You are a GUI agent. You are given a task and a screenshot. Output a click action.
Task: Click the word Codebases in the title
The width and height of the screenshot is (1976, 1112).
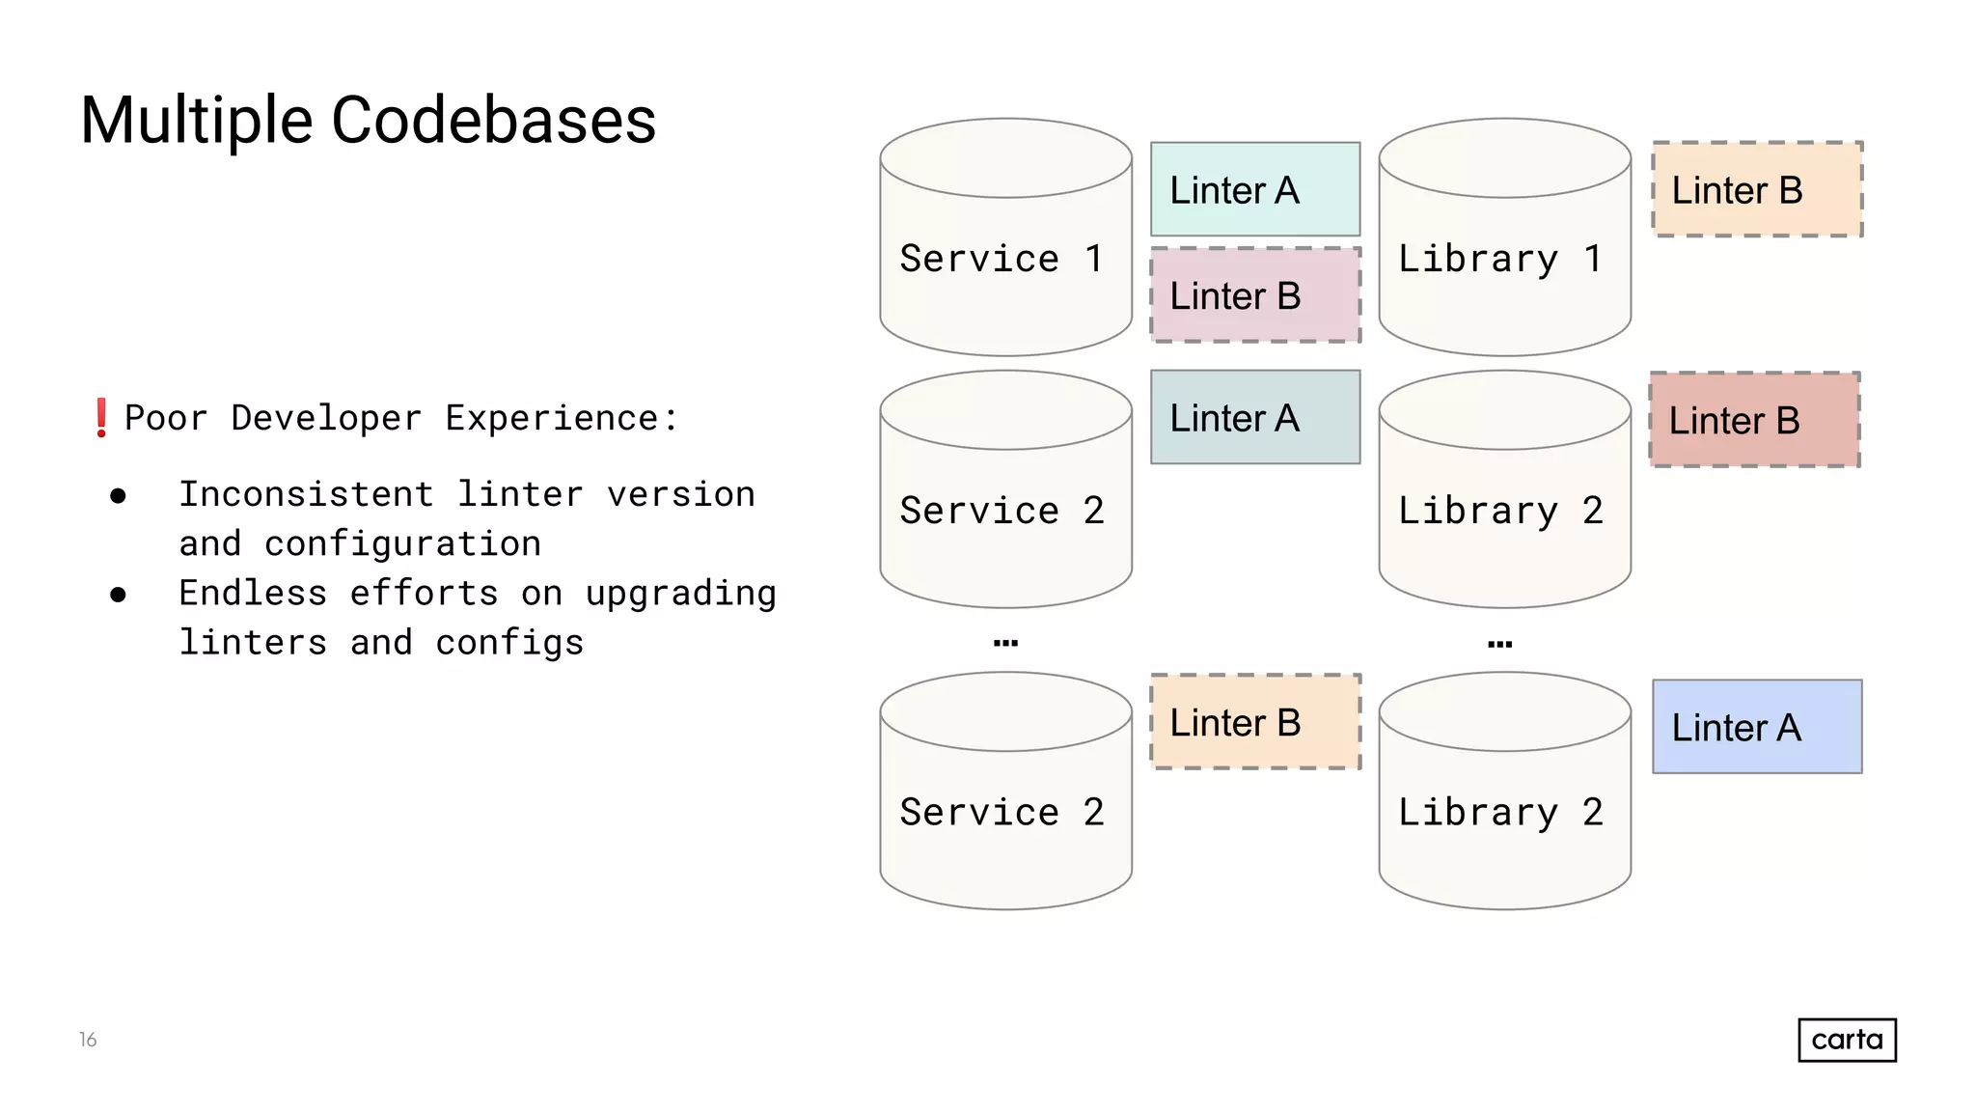[493, 121]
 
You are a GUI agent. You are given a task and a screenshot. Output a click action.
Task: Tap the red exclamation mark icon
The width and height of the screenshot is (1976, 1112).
[101, 418]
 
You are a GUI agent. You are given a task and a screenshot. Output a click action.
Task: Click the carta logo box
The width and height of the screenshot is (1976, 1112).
[1847, 1040]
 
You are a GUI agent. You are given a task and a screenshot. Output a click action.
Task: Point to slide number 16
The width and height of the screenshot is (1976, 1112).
[88, 1040]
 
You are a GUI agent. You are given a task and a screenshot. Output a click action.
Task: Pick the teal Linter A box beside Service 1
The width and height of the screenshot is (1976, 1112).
[1254, 189]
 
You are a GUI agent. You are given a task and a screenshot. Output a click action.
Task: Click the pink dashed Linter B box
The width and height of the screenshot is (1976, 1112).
[1254, 295]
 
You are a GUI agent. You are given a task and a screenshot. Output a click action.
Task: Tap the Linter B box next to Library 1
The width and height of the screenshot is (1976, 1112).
[1756, 189]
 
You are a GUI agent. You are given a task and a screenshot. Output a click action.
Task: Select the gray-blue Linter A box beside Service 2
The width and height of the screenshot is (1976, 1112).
[1254, 418]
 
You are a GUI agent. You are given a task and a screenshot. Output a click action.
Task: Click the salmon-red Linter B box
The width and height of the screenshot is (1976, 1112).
[1754, 420]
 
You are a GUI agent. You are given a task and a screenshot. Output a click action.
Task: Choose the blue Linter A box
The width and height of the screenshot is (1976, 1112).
[1756, 727]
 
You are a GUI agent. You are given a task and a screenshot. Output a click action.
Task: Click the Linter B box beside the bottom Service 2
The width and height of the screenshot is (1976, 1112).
[1254, 722]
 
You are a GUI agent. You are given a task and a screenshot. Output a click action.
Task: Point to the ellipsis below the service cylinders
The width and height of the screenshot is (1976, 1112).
[1005, 643]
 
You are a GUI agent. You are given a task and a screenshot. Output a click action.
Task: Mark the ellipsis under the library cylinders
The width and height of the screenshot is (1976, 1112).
[1499, 644]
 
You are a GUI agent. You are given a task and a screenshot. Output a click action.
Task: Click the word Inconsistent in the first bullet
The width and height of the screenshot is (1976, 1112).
[306, 494]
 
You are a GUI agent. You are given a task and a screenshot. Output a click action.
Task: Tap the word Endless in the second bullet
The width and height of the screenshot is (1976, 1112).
[253, 593]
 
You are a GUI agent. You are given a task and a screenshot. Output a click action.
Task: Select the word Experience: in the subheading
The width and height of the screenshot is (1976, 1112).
[562, 418]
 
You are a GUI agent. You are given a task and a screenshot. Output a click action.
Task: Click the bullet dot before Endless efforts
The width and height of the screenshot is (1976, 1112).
[118, 595]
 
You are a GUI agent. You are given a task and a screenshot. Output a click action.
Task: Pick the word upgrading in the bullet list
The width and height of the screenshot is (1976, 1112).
[680, 593]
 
